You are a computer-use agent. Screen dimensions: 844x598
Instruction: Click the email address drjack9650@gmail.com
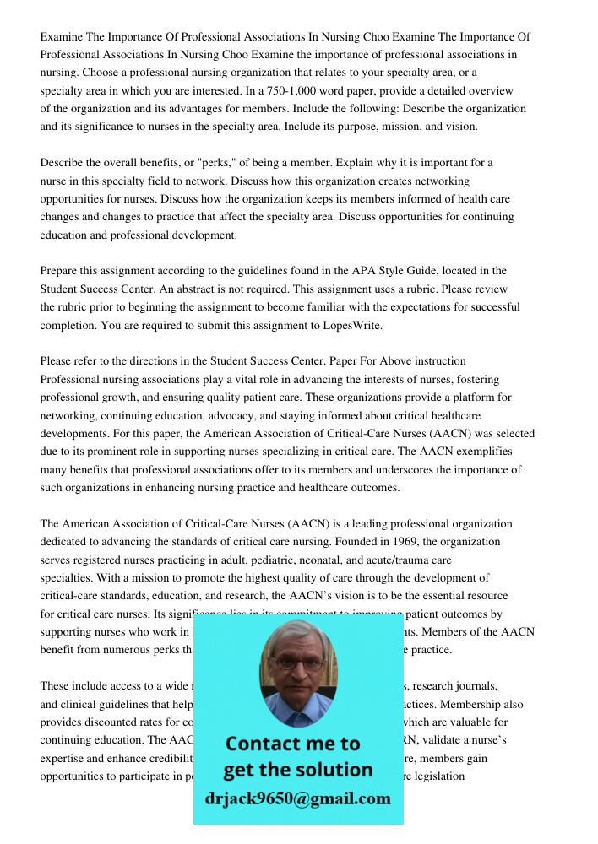coord(298,798)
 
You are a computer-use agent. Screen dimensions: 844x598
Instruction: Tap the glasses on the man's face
coord(297,663)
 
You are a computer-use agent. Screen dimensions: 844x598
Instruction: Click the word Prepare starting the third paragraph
coord(61,271)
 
